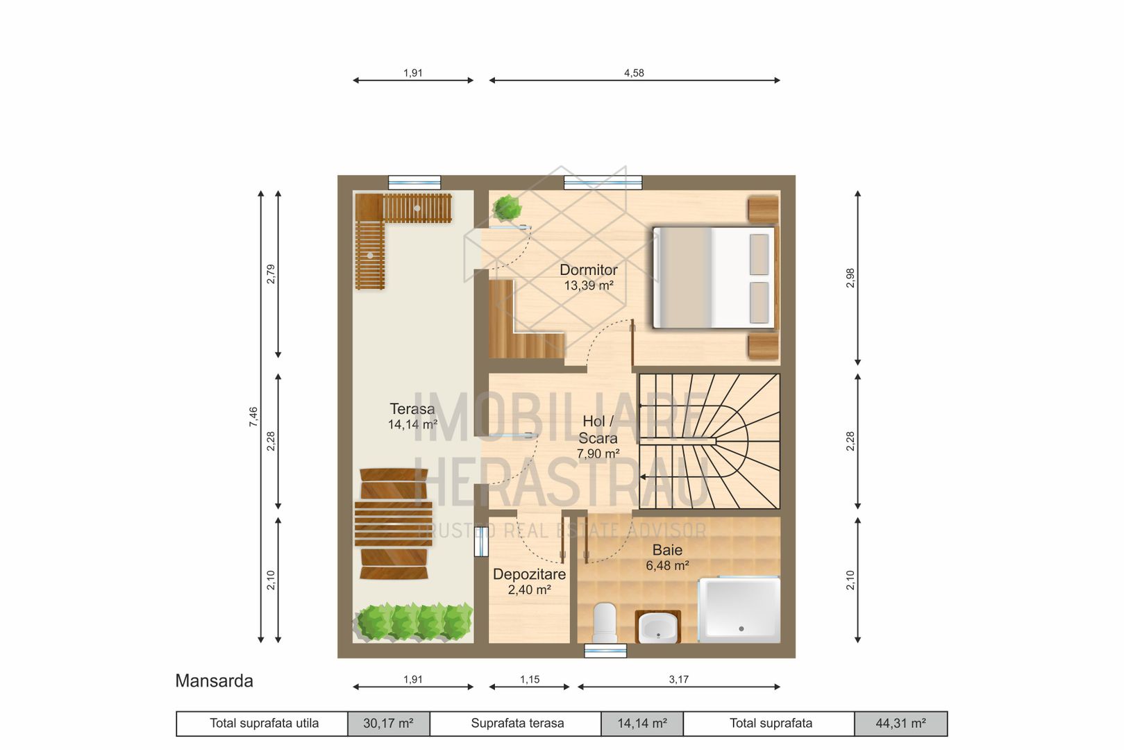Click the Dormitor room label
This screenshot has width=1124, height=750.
(x=589, y=270)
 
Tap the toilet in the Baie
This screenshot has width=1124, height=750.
(x=605, y=622)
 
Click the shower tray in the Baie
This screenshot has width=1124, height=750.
(x=739, y=610)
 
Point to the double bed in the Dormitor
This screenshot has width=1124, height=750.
(x=714, y=278)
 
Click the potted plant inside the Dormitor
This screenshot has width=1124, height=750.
(x=507, y=208)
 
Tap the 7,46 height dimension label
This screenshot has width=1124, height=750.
(x=253, y=417)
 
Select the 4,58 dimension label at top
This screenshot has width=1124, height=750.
(x=634, y=74)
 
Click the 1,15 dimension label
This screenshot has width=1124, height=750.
(x=530, y=680)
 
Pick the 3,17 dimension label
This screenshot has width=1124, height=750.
(x=678, y=680)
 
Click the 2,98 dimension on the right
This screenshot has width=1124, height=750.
(x=850, y=278)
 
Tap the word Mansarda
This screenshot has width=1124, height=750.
(x=215, y=681)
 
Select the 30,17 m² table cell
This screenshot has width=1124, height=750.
(x=388, y=724)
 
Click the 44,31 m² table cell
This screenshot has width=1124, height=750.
(x=900, y=724)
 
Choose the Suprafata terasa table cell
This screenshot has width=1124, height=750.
(x=516, y=724)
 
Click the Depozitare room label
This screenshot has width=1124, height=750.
(x=530, y=574)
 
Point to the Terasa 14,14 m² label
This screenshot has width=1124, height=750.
(x=412, y=416)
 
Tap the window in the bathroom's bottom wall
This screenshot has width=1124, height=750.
(x=605, y=651)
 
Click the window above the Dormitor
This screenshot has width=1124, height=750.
(x=603, y=182)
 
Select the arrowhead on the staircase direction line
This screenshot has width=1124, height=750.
(x=643, y=477)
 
